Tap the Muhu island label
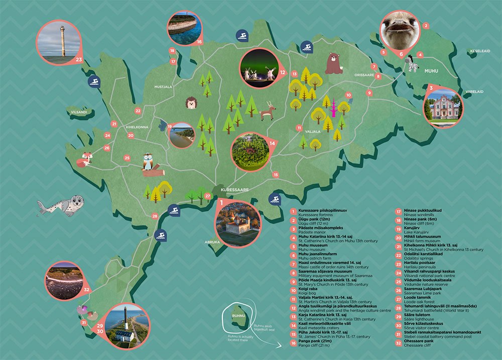click(431, 71)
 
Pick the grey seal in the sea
click(61, 205)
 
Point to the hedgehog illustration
click(192, 103)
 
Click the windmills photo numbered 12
click(260, 70)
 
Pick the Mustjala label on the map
click(163, 87)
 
